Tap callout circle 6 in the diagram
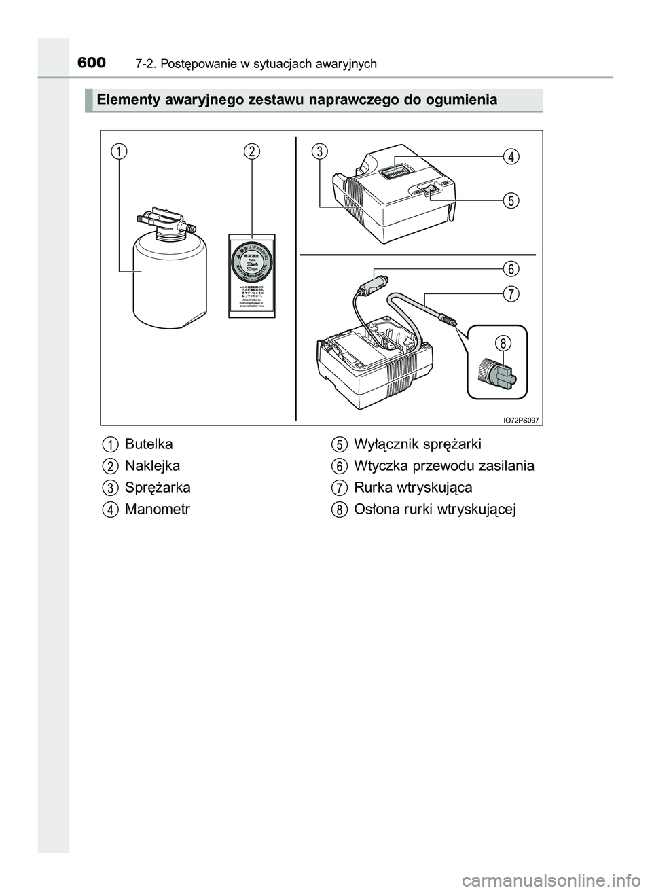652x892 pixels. point(509,268)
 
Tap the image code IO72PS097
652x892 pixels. point(521,420)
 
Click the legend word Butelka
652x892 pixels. point(149,444)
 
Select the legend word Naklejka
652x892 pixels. point(152,466)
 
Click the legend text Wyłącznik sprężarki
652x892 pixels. point(418,444)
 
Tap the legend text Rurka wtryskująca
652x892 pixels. point(413,488)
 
